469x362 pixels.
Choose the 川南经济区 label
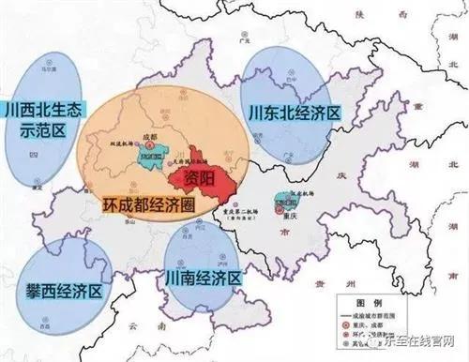pyautogui.click(x=204, y=278)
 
